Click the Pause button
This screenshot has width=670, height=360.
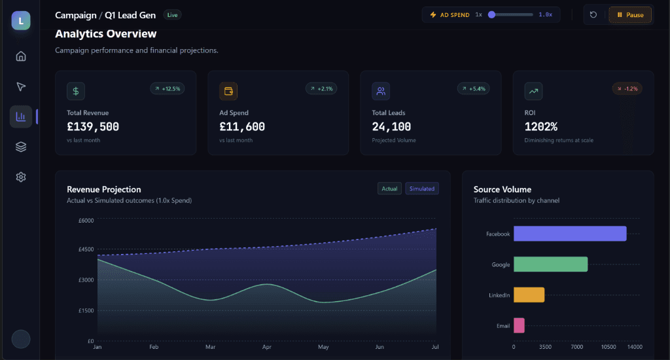point(631,15)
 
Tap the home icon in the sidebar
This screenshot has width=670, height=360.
point(21,56)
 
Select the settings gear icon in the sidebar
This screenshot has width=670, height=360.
point(21,177)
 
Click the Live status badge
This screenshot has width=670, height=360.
point(172,14)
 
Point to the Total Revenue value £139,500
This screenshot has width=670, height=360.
point(93,127)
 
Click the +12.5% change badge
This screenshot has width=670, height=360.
point(167,88)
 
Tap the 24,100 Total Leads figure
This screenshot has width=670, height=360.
point(391,127)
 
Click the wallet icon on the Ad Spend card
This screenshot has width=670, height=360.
point(228,91)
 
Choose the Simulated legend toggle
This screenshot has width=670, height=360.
point(422,189)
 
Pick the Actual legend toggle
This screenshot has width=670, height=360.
point(389,189)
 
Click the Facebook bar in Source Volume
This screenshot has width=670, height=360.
point(570,234)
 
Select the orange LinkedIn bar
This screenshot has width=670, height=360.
point(529,295)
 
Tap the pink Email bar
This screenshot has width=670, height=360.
point(519,325)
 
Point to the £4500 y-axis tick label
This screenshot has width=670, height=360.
point(86,249)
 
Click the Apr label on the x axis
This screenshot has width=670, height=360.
point(267,347)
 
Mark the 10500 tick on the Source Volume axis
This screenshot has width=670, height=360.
point(609,347)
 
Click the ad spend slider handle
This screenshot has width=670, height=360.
point(492,14)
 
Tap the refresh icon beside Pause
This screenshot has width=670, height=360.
point(593,15)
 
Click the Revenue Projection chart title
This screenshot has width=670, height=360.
point(104,189)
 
